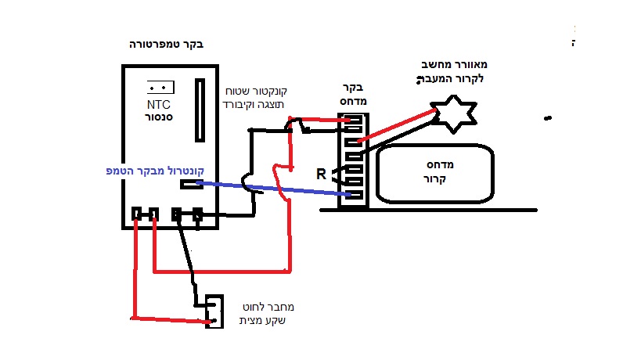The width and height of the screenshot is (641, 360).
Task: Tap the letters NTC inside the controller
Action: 159,103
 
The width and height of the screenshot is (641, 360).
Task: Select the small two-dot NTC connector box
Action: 160,87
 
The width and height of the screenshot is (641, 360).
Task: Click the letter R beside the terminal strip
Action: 321,174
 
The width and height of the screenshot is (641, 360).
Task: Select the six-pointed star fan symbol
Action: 455,114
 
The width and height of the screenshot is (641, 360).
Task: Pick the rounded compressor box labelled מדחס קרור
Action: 436,171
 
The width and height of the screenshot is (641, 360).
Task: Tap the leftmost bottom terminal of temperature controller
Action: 137,213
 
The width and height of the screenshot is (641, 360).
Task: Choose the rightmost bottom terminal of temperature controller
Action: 198,213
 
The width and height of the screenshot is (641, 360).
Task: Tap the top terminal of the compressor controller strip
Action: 354,120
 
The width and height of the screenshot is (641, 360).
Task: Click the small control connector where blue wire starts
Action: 191,185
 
